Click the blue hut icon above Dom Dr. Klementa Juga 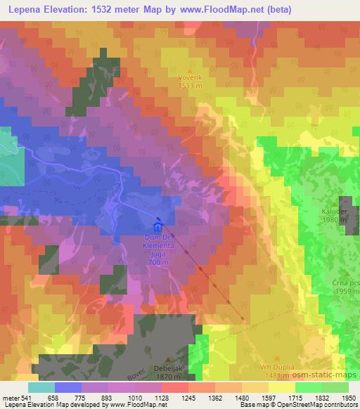tap(157, 227)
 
